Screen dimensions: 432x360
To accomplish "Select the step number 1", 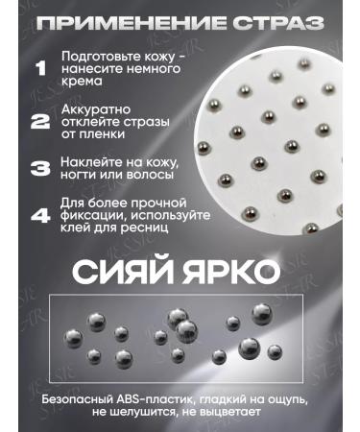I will click(40, 69).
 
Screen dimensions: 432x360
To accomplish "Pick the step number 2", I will click(40, 121).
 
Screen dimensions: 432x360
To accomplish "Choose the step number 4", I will click(40, 215).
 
